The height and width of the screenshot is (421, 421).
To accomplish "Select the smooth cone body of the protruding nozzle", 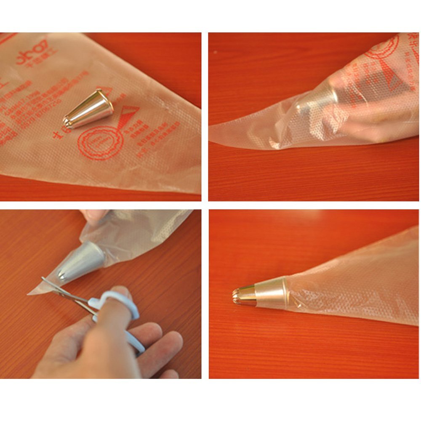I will pyautogui.click(x=267, y=292).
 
